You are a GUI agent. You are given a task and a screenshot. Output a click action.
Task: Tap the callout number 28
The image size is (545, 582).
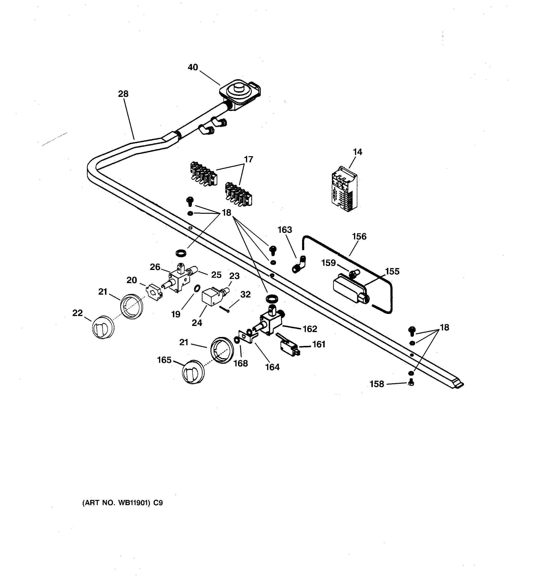coord(123,94)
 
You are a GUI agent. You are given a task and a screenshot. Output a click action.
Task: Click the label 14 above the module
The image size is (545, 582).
coord(357,152)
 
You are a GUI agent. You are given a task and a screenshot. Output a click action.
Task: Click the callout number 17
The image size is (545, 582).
coord(248,160)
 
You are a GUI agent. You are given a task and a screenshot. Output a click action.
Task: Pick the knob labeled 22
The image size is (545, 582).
coord(103,327)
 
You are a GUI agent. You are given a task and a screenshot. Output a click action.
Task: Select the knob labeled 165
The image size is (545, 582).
coord(193,372)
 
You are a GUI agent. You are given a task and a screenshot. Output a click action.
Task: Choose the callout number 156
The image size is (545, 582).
coord(359,236)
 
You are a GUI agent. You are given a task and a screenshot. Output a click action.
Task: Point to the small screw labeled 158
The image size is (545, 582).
coord(410,382)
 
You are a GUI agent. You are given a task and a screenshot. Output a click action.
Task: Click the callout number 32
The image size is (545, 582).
coord(245,294)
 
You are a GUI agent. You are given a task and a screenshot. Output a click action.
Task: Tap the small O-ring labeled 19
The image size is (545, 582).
coord(197,288)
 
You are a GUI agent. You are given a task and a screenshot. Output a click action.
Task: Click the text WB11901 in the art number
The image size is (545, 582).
coord(134,503)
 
